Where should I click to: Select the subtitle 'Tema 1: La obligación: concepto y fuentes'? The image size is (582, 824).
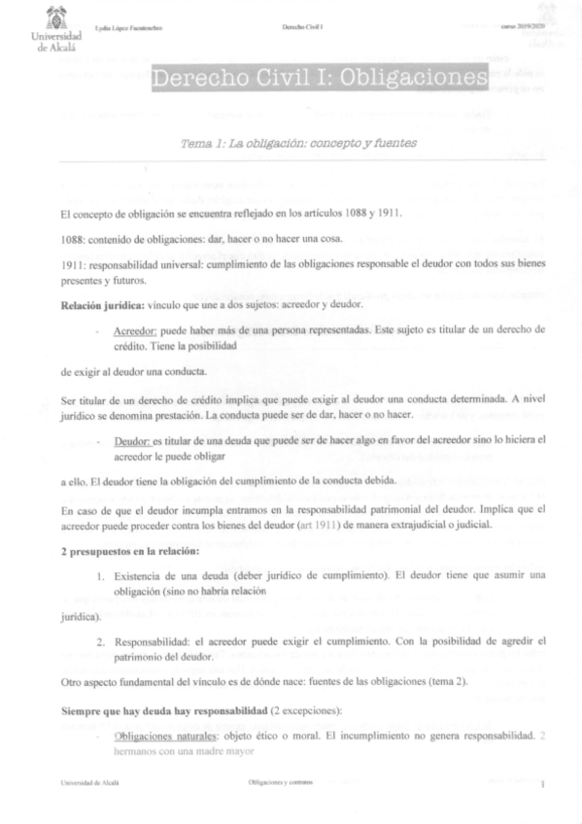pyautogui.click(x=298, y=143)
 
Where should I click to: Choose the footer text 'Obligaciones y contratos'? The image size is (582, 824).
pyautogui.click(x=280, y=785)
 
